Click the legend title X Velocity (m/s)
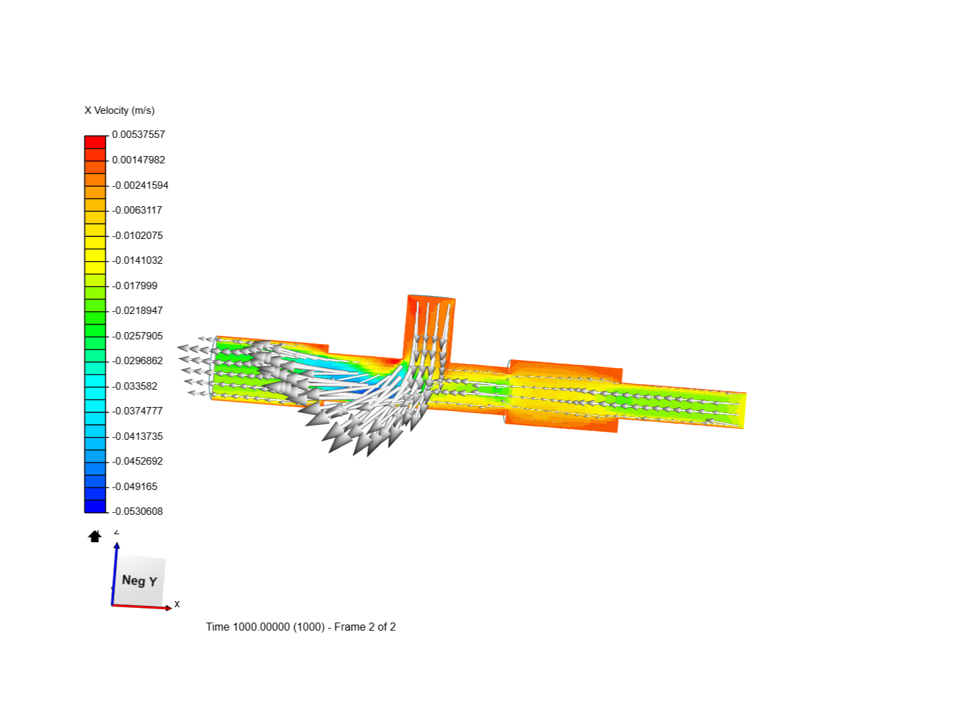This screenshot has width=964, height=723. (x=119, y=110)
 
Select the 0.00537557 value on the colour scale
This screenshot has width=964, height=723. (x=139, y=135)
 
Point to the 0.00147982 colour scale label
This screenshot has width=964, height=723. (x=139, y=160)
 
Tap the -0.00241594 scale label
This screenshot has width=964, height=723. (x=140, y=185)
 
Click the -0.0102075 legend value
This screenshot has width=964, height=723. (x=137, y=236)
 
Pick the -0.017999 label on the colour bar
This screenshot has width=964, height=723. (x=135, y=286)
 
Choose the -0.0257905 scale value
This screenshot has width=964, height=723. (x=137, y=336)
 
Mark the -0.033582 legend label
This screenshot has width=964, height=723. (x=135, y=386)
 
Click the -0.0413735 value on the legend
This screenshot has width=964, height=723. (x=137, y=436)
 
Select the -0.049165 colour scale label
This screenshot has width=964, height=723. (x=135, y=487)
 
